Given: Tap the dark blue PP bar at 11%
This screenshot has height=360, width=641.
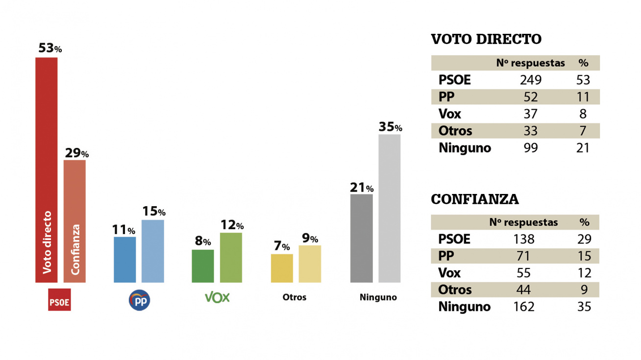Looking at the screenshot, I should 124,260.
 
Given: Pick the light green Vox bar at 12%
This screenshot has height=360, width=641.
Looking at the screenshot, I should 231,257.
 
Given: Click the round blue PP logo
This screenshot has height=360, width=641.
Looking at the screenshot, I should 139,300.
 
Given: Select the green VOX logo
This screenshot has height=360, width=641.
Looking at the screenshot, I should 217,297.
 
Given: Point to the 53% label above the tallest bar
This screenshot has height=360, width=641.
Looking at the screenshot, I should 50,48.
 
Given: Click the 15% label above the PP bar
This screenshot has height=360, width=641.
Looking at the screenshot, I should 154,211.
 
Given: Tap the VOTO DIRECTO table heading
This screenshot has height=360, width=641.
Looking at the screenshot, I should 486,39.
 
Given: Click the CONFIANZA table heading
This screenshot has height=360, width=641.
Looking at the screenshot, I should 475,199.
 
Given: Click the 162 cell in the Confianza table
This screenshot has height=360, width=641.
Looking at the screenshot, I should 523,307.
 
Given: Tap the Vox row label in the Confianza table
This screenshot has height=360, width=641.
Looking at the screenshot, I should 450,273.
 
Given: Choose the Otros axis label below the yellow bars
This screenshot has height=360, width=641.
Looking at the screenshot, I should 295,297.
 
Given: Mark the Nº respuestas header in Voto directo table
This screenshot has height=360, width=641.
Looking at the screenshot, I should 530,63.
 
